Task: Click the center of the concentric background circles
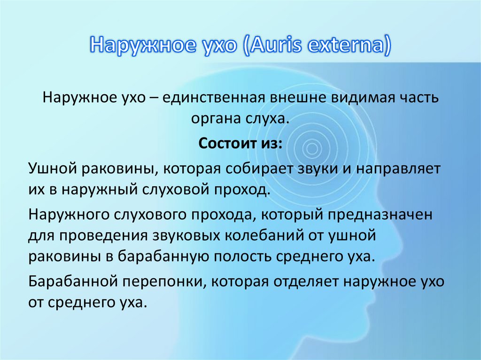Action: (311, 150)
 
